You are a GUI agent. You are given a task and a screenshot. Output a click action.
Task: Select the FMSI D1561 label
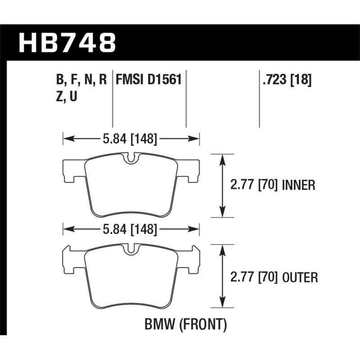(x=148, y=80)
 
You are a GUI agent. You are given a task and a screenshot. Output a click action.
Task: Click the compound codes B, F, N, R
(x=81, y=80)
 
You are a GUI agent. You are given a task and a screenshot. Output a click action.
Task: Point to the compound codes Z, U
(x=67, y=96)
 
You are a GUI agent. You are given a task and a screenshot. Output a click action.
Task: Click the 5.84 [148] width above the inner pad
(x=130, y=139)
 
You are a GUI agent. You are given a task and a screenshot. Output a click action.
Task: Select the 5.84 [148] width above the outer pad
(x=130, y=230)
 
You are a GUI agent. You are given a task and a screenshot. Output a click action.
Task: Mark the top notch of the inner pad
(x=130, y=158)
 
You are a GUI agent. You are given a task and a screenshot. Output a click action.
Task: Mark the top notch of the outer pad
(x=130, y=249)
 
